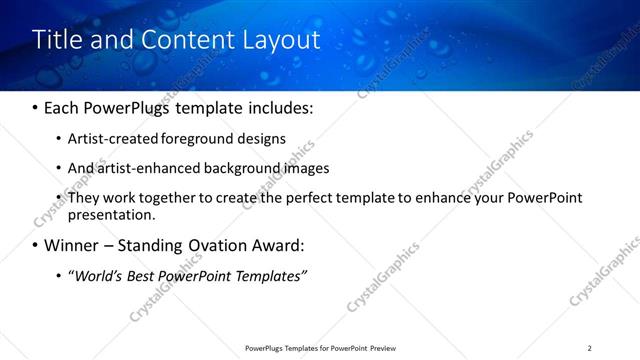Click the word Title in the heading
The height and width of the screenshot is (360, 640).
pyautogui.click(x=58, y=40)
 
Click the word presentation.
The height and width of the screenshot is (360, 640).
pyautogui.click(x=110, y=215)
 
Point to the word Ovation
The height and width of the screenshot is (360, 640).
pyautogui.click(x=214, y=245)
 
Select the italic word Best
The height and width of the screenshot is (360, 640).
pyautogui.click(x=145, y=275)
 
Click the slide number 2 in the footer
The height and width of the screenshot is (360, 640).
pyautogui.click(x=590, y=348)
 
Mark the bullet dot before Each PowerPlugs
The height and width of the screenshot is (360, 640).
pyautogui.click(x=36, y=108)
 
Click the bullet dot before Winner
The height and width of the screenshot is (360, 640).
pyautogui.click(x=36, y=246)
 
